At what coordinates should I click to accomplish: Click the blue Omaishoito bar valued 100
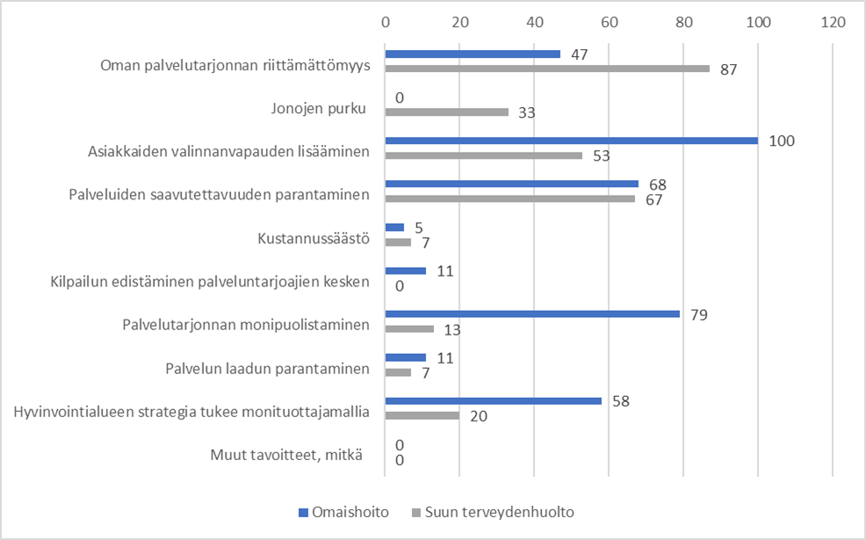click(571, 140)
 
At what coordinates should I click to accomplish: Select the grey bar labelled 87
click(547, 68)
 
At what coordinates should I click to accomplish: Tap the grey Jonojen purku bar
click(447, 112)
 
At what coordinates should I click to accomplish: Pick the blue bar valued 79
click(532, 313)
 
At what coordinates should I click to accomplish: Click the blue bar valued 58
click(493, 400)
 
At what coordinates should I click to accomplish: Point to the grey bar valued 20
click(422, 415)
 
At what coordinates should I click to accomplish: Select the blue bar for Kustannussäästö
click(394, 227)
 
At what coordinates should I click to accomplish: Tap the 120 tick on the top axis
click(832, 20)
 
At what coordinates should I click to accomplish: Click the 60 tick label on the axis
click(609, 20)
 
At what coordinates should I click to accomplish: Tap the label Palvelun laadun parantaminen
click(267, 369)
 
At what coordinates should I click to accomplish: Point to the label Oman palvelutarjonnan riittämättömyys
click(235, 66)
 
